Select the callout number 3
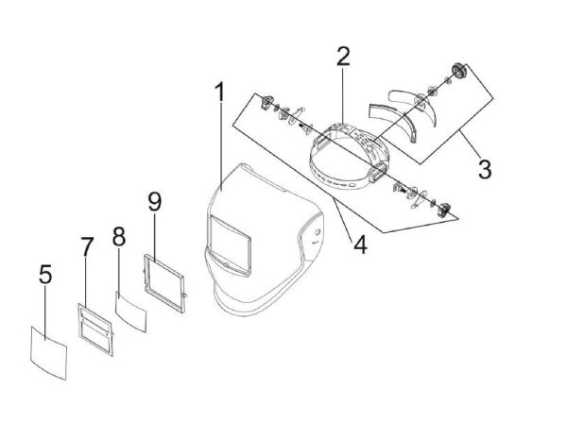point(484,170)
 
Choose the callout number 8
point(119,236)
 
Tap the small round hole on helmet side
point(318,232)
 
